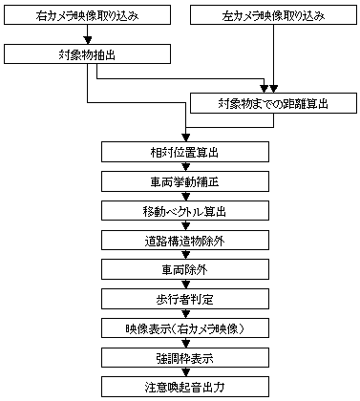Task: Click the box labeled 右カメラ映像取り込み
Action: point(88,15)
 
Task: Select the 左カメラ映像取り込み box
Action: point(274,15)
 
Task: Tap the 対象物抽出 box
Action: point(88,54)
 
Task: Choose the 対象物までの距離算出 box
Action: point(274,102)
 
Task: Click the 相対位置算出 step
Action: point(180,152)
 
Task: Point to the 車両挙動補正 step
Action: point(180,181)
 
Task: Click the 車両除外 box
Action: point(180,270)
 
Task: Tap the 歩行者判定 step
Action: point(180,300)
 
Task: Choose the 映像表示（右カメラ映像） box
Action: point(180,329)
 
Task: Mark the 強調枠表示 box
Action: point(180,359)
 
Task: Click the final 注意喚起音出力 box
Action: point(180,388)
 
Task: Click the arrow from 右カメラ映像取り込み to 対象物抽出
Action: point(88,35)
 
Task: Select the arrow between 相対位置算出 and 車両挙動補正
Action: point(180,167)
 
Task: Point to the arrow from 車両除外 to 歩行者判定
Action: point(180,285)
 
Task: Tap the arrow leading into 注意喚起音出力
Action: point(180,373)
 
